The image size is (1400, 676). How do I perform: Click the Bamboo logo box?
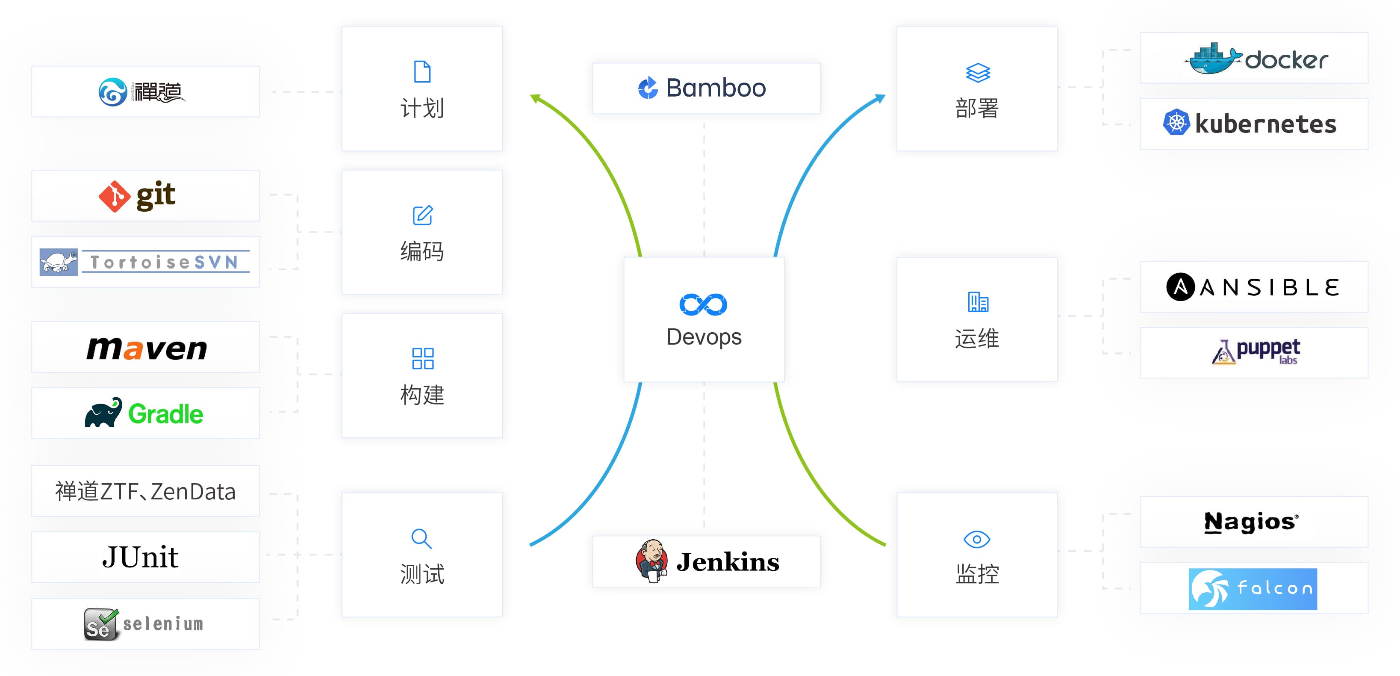[705, 88]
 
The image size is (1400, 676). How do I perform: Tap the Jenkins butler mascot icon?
[651, 561]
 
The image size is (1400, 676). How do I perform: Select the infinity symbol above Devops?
[703, 304]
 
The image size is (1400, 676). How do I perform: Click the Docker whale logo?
[1212, 59]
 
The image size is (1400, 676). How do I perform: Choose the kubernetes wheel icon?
[1176, 123]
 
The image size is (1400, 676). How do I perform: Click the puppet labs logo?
[1256, 352]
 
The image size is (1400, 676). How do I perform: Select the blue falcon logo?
[1252, 588]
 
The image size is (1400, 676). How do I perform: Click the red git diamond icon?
[114, 196]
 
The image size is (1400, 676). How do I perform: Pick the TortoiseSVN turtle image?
[59, 262]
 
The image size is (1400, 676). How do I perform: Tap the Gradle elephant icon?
[103, 413]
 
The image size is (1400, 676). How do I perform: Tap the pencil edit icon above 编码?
[422, 215]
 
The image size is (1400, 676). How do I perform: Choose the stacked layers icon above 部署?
[977, 72]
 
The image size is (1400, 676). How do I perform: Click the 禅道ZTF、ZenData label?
[145, 491]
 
